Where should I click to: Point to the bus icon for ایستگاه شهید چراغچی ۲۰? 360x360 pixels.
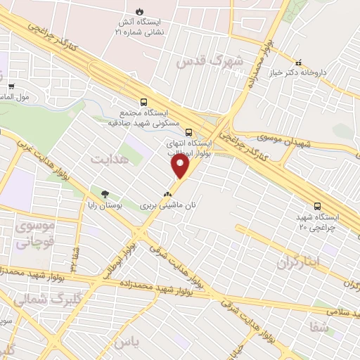319,206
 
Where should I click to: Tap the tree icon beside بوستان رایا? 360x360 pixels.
105,194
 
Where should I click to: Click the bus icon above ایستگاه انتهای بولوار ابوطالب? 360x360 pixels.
188,131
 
